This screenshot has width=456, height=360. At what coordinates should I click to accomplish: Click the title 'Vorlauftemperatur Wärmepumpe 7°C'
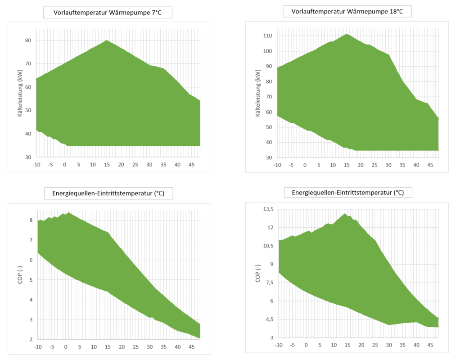click(107, 13)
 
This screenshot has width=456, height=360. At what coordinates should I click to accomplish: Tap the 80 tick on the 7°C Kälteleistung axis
click(28, 40)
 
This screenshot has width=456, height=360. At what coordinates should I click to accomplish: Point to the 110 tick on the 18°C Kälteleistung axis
click(268, 36)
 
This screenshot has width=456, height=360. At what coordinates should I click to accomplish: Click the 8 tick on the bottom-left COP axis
click(31, 220)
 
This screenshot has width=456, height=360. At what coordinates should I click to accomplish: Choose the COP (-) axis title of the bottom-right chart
click(258, 273)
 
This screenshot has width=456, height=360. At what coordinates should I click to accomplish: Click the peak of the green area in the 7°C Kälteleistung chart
click(107, 40)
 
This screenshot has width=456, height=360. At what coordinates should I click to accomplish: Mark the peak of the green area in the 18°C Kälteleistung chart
click(347, 34)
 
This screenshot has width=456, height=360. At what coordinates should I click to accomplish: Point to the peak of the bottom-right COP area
click(344, 214)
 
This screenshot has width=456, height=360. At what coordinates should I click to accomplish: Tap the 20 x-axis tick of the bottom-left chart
click(121, 347)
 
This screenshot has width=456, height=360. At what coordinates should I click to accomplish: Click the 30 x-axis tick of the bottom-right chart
click(388, 345)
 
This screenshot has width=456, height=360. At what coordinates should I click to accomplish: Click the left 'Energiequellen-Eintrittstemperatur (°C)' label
click(108, 194)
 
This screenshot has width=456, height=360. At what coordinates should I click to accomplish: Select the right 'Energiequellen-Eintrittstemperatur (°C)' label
click(348, 193)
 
